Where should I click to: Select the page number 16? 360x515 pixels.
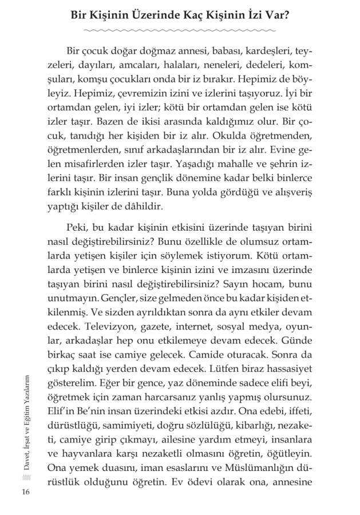25,493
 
